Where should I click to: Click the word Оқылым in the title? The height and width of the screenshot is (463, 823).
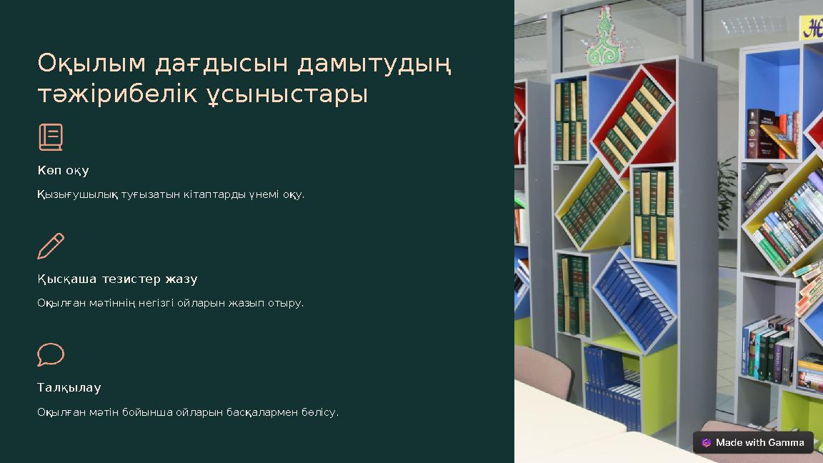point(85,64)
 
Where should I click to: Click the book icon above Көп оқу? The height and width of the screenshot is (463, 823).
point(51,136)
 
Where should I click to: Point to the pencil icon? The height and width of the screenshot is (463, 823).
point(51,246)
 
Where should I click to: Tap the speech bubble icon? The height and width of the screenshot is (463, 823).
point(51,354)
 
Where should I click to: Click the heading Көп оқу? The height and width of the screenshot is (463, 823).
point(63,171)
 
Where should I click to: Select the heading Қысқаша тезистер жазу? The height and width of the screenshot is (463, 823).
point(117,279)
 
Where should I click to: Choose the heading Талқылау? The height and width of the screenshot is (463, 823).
point(69,388)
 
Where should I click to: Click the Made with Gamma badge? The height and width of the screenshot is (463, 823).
point(753,442)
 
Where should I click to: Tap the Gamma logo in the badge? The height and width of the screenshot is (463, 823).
point(707,442)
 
